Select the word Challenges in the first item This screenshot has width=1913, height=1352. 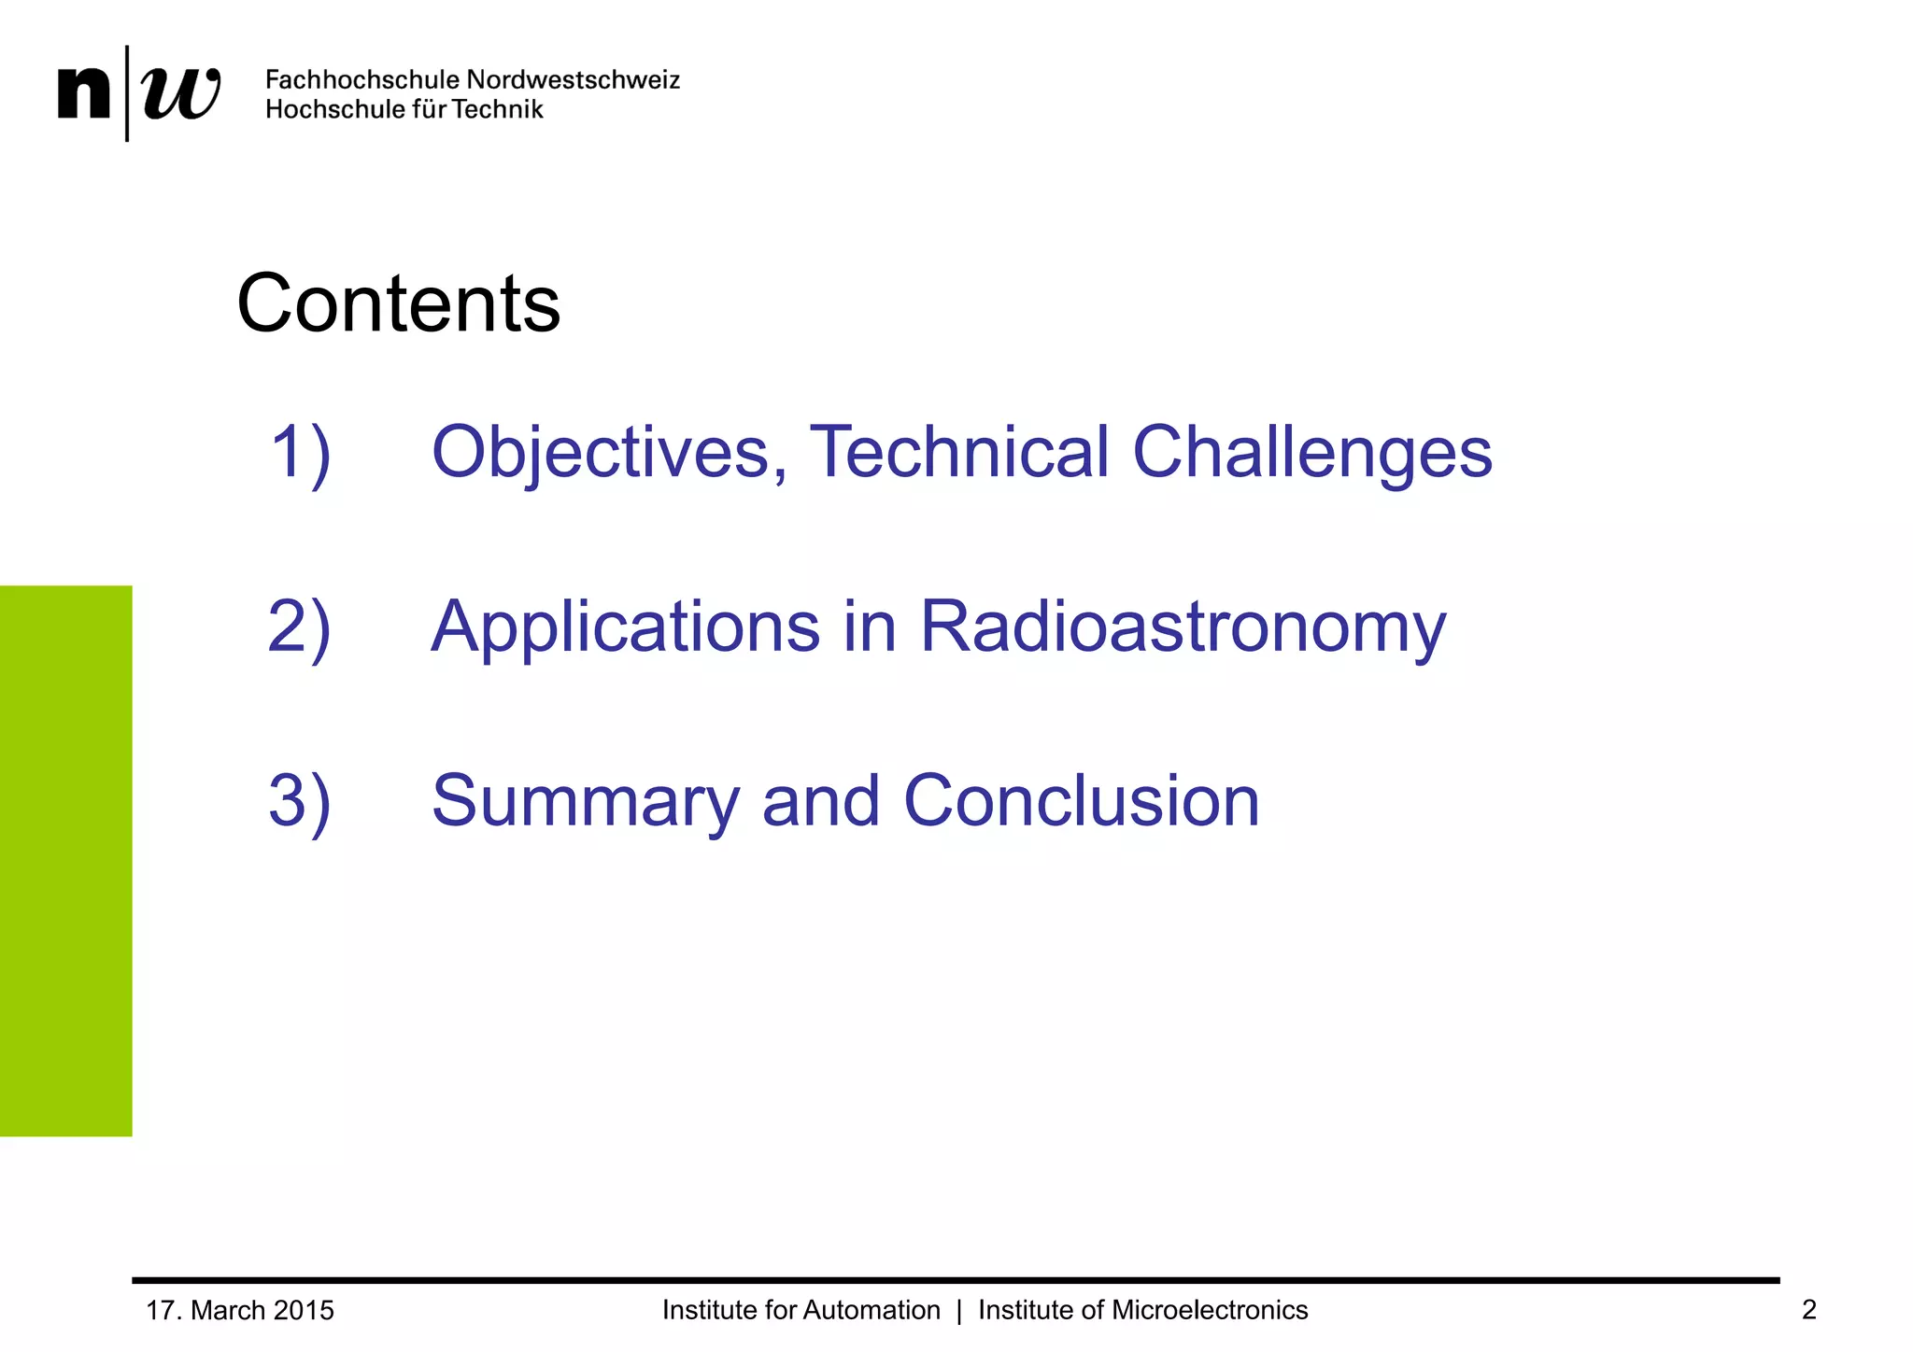tap(1311, 453)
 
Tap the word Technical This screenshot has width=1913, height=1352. tap(958, 453)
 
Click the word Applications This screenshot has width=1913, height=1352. tap(626, 627)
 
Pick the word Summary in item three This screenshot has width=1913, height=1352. tap(585, 802)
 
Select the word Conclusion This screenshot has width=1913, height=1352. tap(1081, 802)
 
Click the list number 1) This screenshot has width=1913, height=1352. tap(300, 453)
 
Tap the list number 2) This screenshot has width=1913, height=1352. tap(299, 627)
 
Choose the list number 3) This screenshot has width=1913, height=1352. tap(299, 802)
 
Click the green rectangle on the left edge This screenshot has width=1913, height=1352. tap(65, 860)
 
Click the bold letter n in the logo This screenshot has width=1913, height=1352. tap(83, 93)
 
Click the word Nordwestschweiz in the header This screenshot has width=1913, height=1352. tap(573, 80)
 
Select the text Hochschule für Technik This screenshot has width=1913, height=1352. tap(404, 110)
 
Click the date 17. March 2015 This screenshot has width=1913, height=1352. tap(240, 1311)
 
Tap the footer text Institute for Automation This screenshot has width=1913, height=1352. tap(801, 1311)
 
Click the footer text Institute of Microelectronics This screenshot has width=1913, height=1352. tap(1142, 1311)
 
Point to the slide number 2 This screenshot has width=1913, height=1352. tap(1808, 1311)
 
